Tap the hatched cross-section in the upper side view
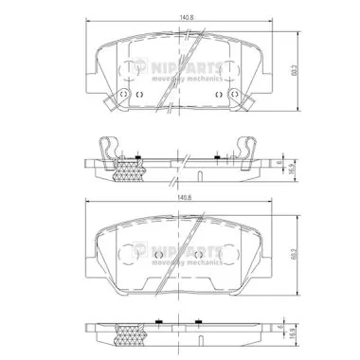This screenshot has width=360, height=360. pyautogui.click(x=126, y=171)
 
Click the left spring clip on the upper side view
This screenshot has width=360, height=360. pyautogui.click(x=112, y=147)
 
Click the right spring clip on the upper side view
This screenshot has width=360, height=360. pyautogui.click(x=248, y=147)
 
